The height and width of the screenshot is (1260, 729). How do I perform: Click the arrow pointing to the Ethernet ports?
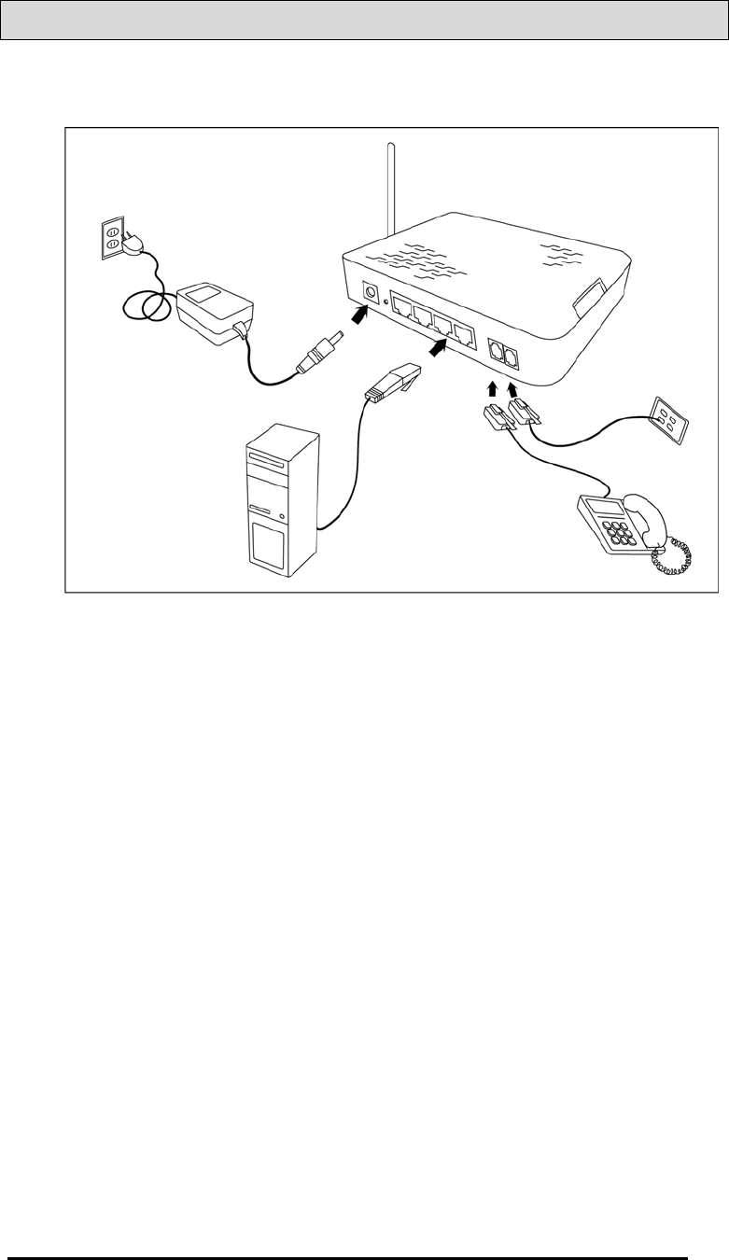click(436, 348)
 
